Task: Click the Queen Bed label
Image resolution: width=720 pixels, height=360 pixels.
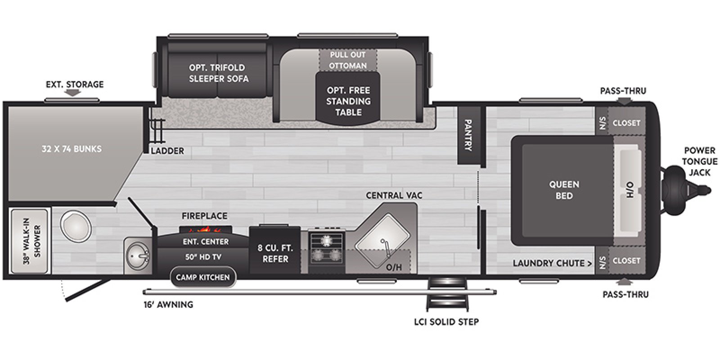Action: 564,190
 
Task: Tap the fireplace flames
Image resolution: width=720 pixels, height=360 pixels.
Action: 206,229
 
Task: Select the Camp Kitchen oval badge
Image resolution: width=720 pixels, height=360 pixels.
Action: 202,277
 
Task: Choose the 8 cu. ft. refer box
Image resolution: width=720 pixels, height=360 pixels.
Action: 275,253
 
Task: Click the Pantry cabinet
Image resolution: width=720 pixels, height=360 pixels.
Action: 468,135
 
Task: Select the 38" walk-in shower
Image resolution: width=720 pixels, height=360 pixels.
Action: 29,241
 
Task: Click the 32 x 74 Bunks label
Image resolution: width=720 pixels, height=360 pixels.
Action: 72,149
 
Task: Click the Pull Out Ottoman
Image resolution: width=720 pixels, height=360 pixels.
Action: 347,60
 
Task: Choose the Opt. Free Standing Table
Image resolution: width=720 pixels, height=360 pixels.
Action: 348,101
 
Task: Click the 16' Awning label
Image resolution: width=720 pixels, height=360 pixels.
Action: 168,305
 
